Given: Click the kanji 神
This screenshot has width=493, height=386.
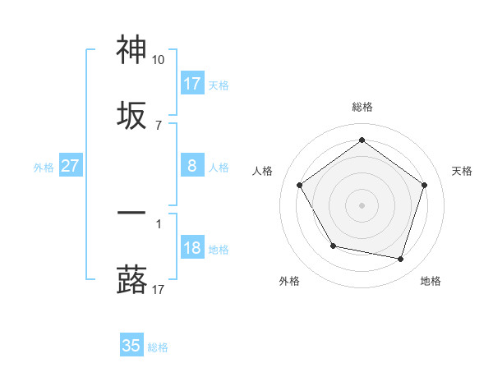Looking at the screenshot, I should click(x=132, y=51).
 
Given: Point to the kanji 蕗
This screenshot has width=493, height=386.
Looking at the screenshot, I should click(x=132, y=279).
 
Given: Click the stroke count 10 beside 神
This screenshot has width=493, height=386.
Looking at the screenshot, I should click(x=158, y=60).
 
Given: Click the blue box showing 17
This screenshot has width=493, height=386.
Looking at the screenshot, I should click(x=192, y=83).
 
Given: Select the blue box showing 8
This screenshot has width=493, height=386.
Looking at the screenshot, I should click(x=192, y=166).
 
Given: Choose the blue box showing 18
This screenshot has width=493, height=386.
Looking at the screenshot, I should click(x=192, y=248).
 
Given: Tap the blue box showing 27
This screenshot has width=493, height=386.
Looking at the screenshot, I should click(x=71, y=166).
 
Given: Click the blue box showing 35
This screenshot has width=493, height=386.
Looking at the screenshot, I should click(x=131, y=346).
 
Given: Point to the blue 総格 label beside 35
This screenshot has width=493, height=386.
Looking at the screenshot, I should click(x=158, y=347).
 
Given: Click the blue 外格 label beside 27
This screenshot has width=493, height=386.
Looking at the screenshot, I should click(x=44, y=168).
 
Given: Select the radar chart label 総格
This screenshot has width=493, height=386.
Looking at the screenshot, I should click(x=362, y=107).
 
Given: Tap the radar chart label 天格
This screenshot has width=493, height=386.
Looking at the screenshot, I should click(x=462, y=171).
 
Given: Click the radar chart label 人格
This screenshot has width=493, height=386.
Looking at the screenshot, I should click(x=263, y=171).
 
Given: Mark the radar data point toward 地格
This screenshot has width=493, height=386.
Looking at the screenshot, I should click(x=401, y=259).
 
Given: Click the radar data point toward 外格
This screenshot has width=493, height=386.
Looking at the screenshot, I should click(x=333, y=246).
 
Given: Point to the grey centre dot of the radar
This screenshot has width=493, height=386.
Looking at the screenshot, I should click(x=362, y=204).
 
